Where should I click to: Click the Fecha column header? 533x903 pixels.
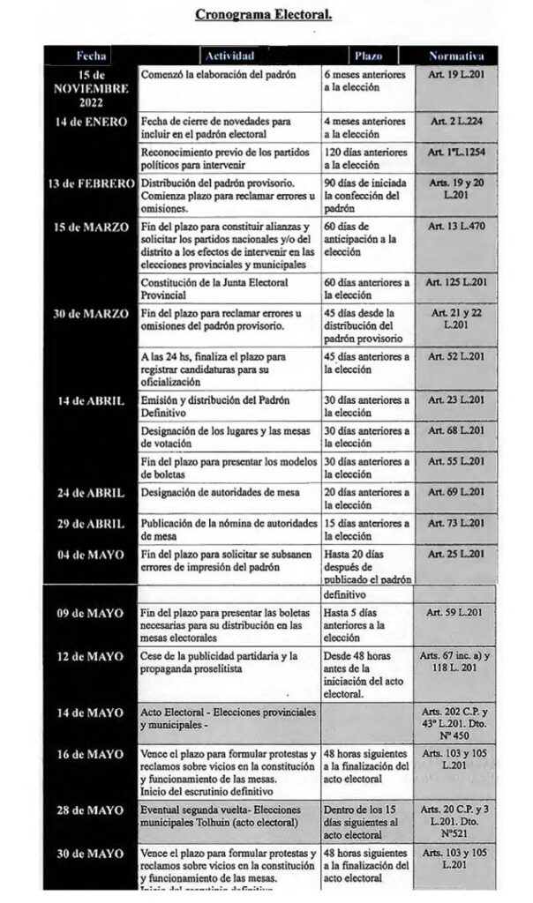(91, 55)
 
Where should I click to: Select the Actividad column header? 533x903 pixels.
(230, 55)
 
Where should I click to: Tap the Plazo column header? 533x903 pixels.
(368, 55)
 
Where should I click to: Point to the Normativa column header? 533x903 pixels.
(456, 55)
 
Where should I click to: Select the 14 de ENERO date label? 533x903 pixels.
(91, 121)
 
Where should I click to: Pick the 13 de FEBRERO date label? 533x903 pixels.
(91, 183)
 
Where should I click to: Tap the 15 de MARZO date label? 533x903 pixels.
(91, 228)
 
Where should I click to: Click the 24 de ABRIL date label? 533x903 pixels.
(91, 491)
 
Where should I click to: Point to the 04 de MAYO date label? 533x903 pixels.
(91, 554)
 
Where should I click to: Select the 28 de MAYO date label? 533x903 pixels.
(91, 810)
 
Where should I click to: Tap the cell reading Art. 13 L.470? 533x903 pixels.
(456, 228)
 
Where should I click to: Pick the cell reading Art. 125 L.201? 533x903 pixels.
(456, 282)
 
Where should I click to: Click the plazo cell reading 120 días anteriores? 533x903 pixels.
(365, 158)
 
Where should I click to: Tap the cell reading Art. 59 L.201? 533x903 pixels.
(456, 611)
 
